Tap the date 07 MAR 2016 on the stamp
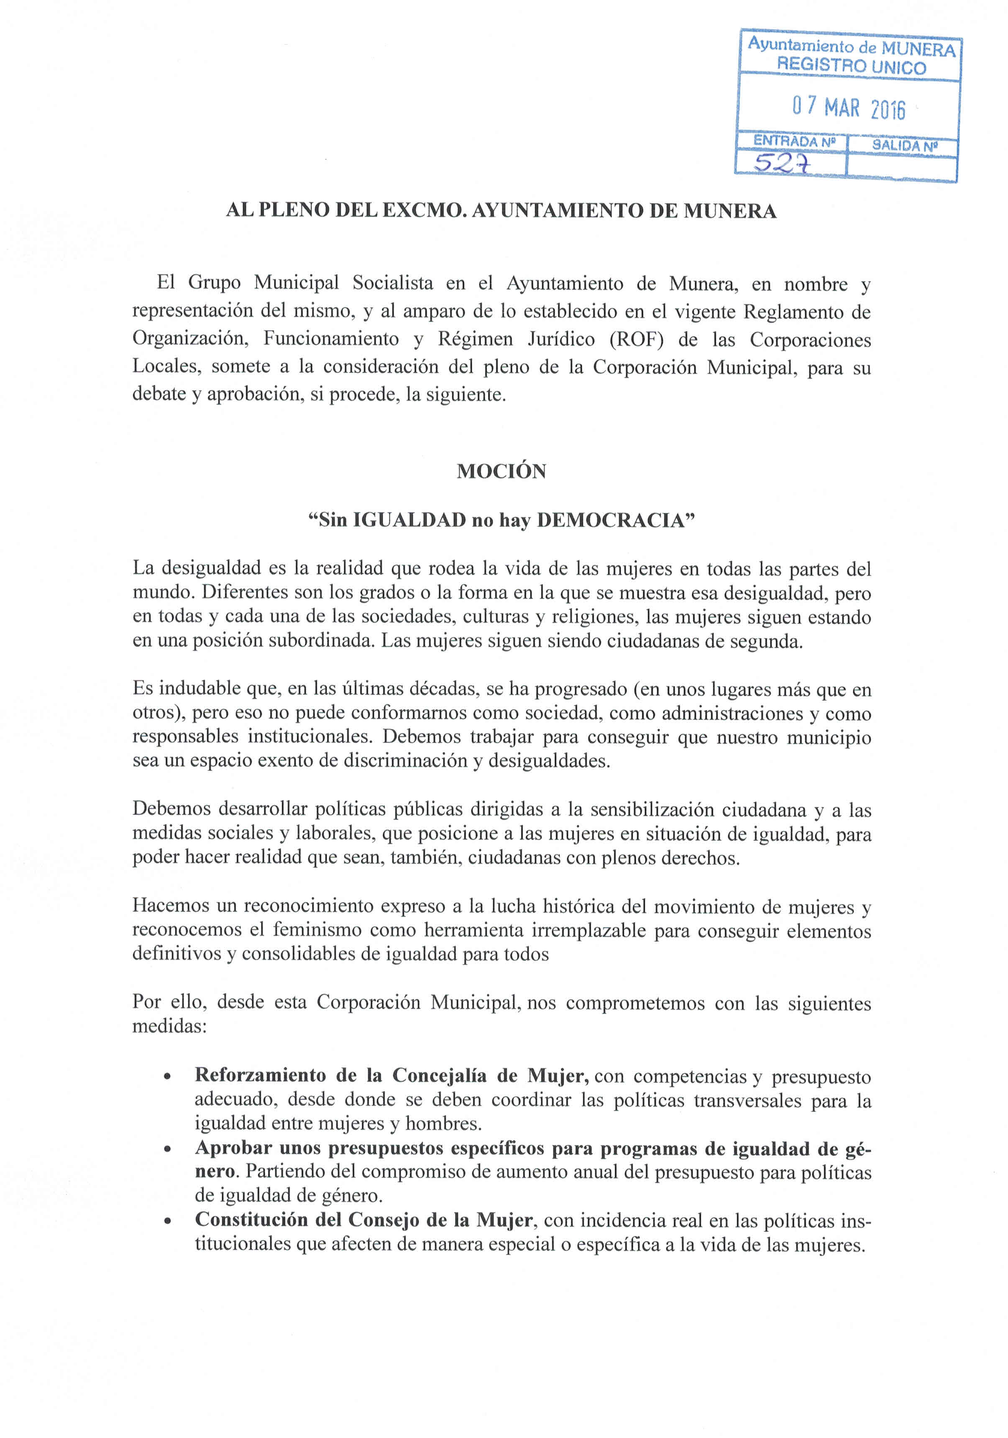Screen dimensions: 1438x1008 848,108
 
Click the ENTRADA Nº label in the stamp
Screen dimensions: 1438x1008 793,141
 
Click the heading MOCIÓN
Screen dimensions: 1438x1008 501,471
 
